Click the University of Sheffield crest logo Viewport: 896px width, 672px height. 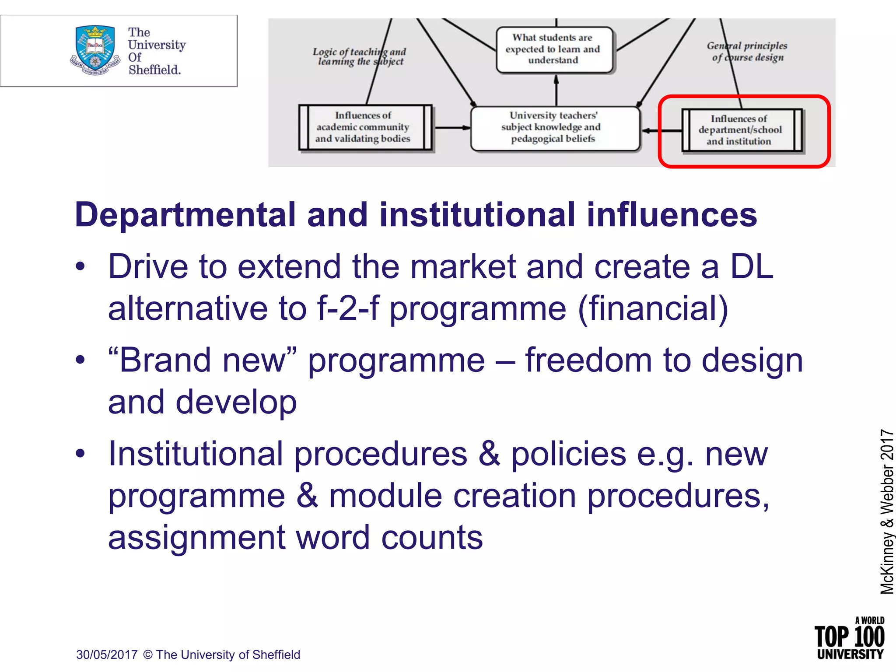coord(95,50)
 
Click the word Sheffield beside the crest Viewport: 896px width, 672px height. coord(154,70)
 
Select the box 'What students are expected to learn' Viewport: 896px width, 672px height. coord(554,49)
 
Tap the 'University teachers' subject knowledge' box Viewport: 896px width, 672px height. coord(555,128)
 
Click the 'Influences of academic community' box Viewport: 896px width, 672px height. coord(365,127)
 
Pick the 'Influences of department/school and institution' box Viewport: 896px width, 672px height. coord(742,130)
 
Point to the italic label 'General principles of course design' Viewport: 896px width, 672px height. coord(747,52)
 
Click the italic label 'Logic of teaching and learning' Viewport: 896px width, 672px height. coord(359,56)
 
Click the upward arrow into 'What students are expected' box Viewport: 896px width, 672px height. coord(556,90)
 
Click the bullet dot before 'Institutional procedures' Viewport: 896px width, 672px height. coord(80,454)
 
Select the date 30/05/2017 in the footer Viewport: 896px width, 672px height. coord(107,655)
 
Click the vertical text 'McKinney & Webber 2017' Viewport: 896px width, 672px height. coord(886,512)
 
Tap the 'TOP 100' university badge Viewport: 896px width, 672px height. coord(849,639)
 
